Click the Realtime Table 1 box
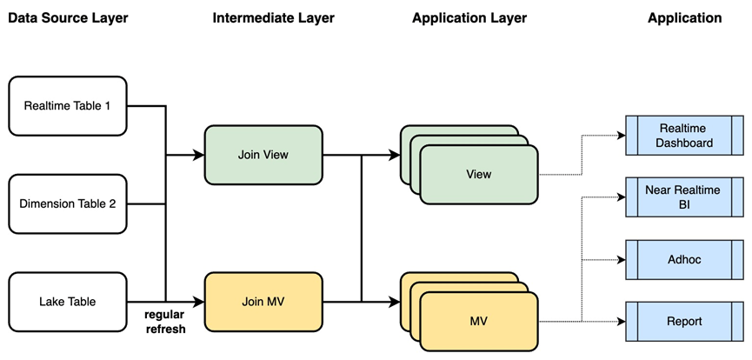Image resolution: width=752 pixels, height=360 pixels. click(x=68, y=105)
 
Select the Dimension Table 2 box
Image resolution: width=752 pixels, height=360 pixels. click(x=68, y=204)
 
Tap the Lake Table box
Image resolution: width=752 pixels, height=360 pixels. click(x=68, y=302)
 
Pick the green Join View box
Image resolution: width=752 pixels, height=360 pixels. click(x=263, y=155)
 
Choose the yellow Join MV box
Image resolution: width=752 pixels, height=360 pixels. click(x=263, y=302)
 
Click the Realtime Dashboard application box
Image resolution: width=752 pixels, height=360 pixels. click(x=684, y=136)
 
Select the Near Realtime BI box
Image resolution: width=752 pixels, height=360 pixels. click(x=684, y=197)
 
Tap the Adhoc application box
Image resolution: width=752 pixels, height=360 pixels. click(x=684, y=260)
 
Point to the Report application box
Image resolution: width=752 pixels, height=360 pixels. click(x=684, y=321)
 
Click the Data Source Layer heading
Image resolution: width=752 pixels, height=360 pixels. click(x=68, y=18)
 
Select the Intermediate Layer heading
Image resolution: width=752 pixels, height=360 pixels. click(x=273, y=18)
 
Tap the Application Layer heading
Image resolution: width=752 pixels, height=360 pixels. click(x=469, y=18)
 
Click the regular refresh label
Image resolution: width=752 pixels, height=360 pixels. click(x=164, y=322)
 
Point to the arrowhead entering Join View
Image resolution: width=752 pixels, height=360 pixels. click(x=199, y=155)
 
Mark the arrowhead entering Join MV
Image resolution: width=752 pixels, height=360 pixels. click(x=199, y=302)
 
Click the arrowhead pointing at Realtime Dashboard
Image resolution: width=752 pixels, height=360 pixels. click(x=622, y=136)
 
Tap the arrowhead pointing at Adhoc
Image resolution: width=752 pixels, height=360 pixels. click(x=622, y=260)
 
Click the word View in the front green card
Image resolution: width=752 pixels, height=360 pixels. click(x=479, y=174)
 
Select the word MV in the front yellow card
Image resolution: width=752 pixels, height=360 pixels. click(x=479, y=321)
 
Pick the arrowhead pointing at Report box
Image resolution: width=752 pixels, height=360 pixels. click(x=622, y=321)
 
